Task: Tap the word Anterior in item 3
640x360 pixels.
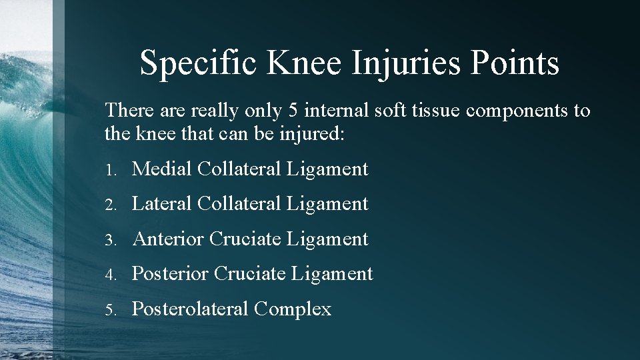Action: point(167,239)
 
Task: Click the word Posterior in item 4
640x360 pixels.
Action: point(169,274)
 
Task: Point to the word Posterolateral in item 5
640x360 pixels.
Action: point(189,309)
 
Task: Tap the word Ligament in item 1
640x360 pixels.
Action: point(327,170)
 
